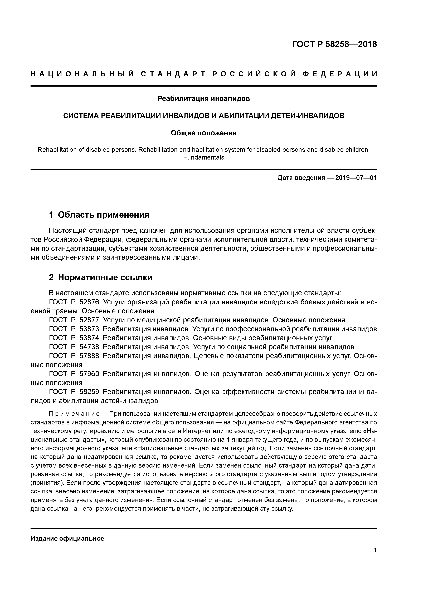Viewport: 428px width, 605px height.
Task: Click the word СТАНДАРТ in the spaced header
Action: click(173, 74)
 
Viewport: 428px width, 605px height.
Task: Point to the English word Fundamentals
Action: click(204, 158)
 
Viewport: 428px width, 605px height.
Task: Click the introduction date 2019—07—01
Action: click(356, 178)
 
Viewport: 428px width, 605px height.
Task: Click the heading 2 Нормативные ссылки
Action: click(101, 277)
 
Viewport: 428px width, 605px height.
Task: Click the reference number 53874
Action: click(89, 338)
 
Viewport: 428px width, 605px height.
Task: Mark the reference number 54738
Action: click(89, 347)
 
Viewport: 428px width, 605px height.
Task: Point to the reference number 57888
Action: click(89, 356)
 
